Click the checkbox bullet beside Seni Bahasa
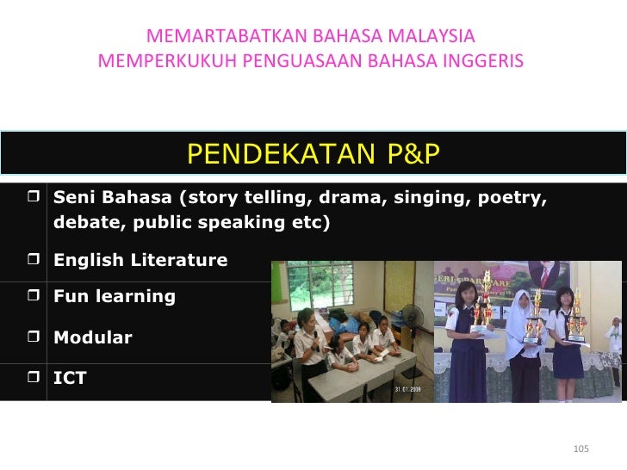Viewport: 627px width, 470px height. click(x=34, y=198)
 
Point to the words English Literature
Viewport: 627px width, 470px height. click(x=140, y=259)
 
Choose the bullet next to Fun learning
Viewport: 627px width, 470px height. click(x=34, y=297)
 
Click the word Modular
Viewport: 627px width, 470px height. click(x=93, y=337)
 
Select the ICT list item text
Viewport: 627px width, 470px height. click(x=70, y=377)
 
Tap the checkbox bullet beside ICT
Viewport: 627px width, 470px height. click(x=34, y=377)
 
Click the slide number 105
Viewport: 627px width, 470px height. click(x=580, y=449)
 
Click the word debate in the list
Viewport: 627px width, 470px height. click(x=81, y=222)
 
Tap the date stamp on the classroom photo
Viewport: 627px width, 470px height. click(x=408, y=390)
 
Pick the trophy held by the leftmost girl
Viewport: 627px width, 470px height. click(x=488, y=297)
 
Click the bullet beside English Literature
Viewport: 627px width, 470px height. click(x=34, y=259)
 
